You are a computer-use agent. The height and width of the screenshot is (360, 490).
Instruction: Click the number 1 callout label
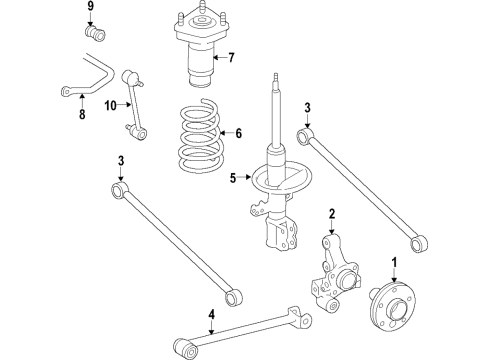coord(394,264)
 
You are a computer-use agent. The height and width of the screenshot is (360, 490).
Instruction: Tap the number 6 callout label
coord(237,132)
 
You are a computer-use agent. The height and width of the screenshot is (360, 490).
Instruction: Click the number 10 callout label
coord(111,104)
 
